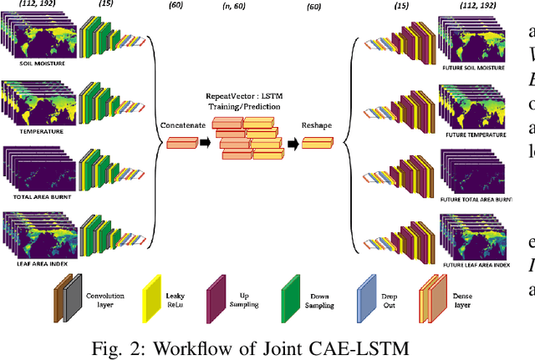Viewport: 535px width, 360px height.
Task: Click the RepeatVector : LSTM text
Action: click(248, 75)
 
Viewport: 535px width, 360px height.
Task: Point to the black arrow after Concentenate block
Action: click(203, 143)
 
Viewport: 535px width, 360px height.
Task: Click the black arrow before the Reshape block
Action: click(293, 143)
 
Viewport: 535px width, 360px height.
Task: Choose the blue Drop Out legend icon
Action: click(369, 278)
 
